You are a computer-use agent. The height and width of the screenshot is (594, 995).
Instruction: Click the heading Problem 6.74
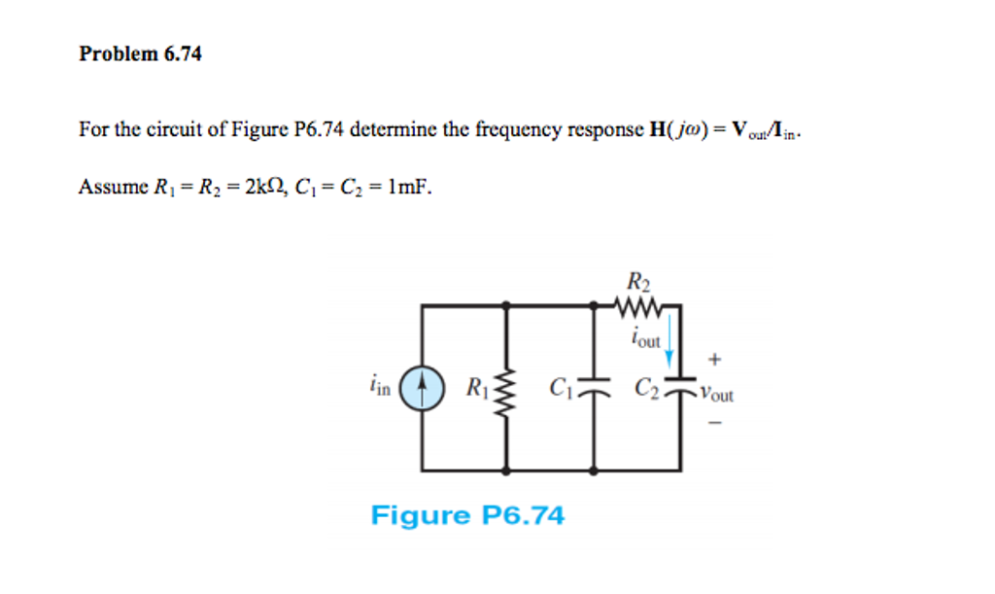tap(140, 54)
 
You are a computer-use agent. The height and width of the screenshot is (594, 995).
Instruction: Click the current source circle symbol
tap(422, 387)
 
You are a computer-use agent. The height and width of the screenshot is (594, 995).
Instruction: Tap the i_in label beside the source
tap(380, 388)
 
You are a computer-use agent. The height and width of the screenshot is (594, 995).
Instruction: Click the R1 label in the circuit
tap(477, 388)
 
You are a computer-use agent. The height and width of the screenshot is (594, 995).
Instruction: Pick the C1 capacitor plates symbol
tap(595, 388)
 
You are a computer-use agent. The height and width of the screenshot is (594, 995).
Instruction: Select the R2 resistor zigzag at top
tap(637, 305)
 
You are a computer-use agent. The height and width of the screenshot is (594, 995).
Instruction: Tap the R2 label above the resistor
tap(637, 283)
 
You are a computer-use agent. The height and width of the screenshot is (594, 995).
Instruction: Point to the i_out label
tap(645, 339)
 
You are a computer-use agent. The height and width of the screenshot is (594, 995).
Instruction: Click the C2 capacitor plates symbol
tap(679, 388)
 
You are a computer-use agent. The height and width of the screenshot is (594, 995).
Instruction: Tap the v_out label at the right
tap(717, 396)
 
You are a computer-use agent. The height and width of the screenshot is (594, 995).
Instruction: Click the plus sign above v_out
tap(714, 360)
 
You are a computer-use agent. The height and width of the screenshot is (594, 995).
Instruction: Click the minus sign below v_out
tap(715, 422)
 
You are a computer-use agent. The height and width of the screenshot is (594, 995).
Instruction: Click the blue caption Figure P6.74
tap(466, 515)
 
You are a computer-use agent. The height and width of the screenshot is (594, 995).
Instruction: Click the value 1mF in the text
tap(407, 186)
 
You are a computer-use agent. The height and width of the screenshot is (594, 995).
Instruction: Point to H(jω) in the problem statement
tap(671, 129)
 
